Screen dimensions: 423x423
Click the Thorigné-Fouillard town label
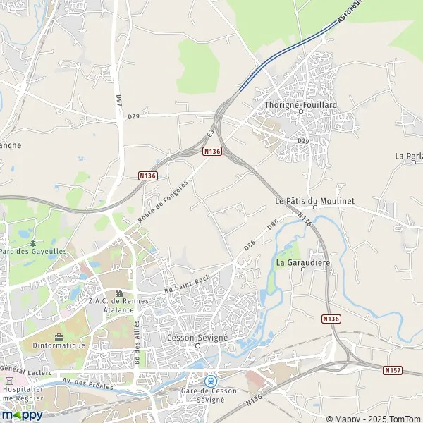tap(300, 104)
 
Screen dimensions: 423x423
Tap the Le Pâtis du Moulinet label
tap(314, 201)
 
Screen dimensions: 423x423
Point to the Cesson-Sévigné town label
tap(197, 338)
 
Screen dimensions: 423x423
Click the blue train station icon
tap(209, 381)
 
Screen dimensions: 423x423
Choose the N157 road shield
tap(393, 369)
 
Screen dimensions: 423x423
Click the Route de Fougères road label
tap(163, 203)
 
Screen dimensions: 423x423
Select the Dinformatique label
tap(59, 345)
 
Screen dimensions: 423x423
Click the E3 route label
tap(210, 133)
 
